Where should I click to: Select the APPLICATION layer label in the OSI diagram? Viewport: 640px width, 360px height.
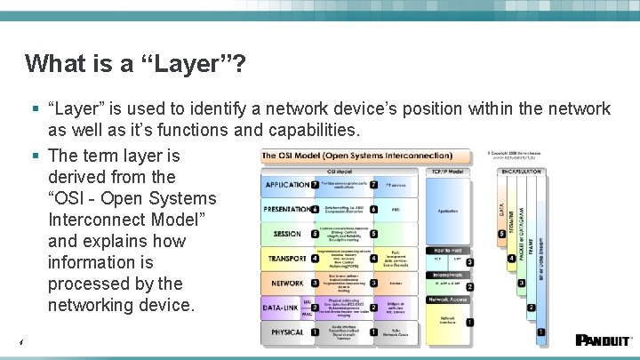[285, 185]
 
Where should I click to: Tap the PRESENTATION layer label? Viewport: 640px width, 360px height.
[285, 210]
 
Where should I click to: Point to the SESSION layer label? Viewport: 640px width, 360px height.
[287, 235]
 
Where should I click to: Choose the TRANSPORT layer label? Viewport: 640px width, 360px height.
[287, 259]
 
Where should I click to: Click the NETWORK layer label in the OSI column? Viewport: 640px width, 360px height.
[287, 284]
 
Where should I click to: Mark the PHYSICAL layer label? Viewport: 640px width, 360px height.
[285, 332]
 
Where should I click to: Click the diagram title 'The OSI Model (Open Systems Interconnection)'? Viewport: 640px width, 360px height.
[356, 156]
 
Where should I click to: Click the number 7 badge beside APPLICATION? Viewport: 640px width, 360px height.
[315, 185]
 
